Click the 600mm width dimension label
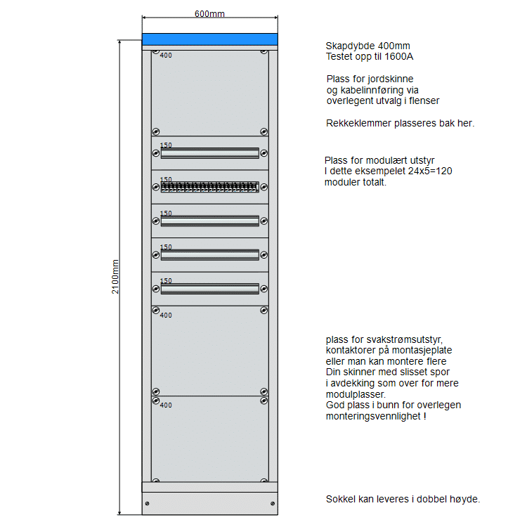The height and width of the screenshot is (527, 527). [209, 13]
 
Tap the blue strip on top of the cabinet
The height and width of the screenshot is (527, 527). [209, 39]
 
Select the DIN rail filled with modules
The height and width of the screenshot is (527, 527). [209, 188]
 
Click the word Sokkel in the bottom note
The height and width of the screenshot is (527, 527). [340, 499]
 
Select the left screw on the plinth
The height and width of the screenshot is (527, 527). [148, 503]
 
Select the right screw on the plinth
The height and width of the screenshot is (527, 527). [273, 503]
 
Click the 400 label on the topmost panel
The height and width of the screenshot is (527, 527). [166, 56]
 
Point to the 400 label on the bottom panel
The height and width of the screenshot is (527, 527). [166, 405]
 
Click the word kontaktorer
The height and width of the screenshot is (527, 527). [353, 350]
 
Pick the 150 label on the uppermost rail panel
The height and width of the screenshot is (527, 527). [166, 145]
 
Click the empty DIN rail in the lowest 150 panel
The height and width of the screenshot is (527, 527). [209, 288]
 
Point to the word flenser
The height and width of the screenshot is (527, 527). [422, 101]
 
